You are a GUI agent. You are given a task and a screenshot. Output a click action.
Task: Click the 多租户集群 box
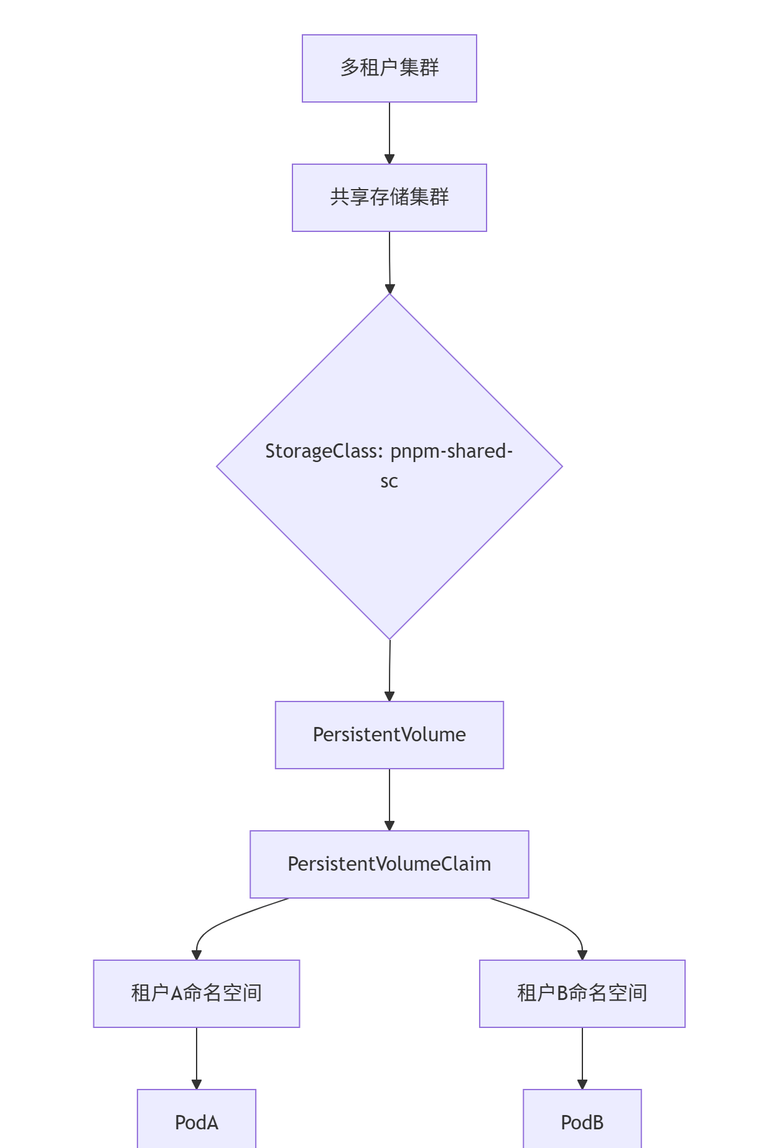tap(389, 68)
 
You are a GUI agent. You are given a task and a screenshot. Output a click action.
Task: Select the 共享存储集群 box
tap(389, 198)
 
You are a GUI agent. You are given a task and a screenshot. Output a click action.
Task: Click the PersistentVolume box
tap(389, 735)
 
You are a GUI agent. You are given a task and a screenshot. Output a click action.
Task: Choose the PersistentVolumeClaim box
tap(389, 864)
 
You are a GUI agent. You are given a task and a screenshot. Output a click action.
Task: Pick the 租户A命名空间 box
tap(197, 994)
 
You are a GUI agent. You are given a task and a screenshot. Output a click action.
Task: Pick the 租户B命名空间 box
tap(582, 994)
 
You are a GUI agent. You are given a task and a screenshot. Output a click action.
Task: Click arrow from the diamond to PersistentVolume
tap(389, 670)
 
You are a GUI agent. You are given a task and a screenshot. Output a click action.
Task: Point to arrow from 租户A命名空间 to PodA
tap(197, 1057)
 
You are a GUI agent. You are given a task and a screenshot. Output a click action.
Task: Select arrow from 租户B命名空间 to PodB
tap(582, 1057)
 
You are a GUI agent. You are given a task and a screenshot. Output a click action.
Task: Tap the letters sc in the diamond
tap(389, 481)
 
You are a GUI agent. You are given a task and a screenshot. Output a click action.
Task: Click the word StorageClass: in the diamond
tap(324, 451)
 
